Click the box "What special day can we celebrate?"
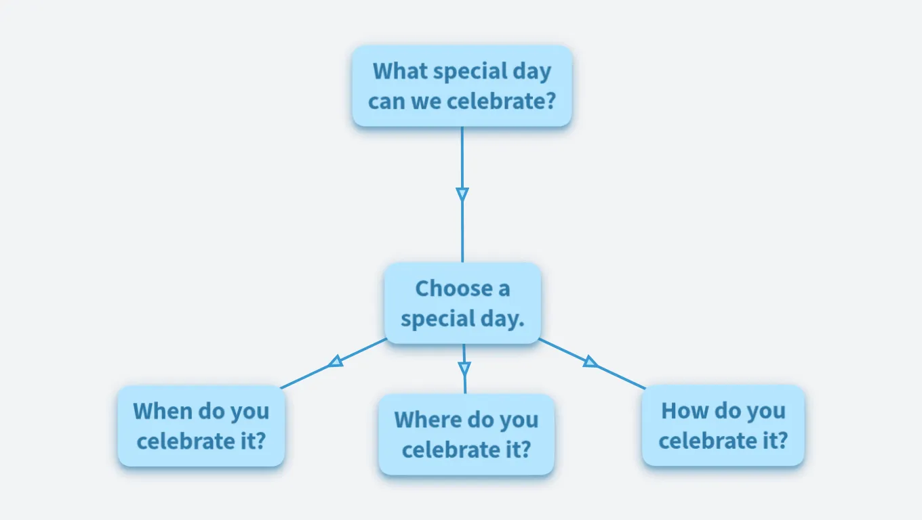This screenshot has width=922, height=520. tap(462, 86)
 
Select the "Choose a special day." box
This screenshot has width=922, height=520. tap(462, 303)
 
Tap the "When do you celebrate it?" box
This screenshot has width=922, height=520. tap(201, 426)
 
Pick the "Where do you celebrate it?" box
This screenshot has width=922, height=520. tap(466, 434)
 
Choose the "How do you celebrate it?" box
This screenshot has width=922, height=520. tap(723, 426)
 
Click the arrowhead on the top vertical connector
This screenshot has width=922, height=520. tap(462, 194)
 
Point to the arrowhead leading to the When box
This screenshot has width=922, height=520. tap(336, 362)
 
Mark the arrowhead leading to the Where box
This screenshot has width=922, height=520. tap(464, 368)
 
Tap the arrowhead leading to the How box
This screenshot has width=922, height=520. tap(590, 362)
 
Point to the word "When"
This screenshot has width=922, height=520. tap(162, 411)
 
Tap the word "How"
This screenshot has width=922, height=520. tap(684, 411)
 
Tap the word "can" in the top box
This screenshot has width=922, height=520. tap(386, 102)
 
